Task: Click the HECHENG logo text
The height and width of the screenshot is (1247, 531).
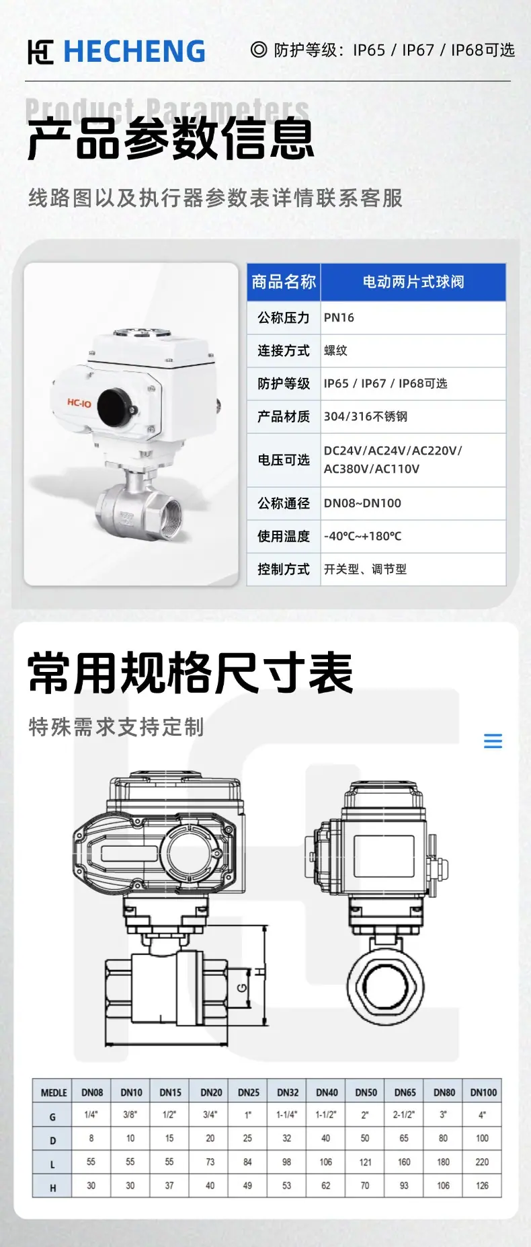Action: pos(134,52)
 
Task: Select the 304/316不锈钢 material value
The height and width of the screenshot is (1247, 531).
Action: pos(366,416)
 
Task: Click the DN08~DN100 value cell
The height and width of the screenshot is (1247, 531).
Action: pos(362,503)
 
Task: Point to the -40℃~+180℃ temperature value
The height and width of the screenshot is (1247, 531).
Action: pos(362,536)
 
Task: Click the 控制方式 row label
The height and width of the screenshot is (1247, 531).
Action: pos(284,569)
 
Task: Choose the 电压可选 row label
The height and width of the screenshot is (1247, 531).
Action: pos(284,460)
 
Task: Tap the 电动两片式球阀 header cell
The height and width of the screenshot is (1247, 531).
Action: pos(413,282)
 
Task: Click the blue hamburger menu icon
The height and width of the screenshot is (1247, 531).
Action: pos(493,741)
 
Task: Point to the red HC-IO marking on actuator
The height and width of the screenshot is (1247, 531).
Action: pos(79,403)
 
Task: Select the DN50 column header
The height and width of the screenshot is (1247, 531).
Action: pos(366,1092)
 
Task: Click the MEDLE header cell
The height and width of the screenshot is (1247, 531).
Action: pos(54,1092)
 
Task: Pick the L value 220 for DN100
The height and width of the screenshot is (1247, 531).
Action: pos(483,1162)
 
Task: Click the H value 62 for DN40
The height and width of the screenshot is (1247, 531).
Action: pos(326,1185)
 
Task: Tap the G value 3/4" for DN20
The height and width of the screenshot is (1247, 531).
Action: pos(210,1114)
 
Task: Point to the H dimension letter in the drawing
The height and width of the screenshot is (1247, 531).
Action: pos(260,972)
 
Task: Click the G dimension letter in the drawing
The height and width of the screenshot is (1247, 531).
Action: pos(242,988)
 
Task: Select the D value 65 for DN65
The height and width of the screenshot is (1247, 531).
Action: pos(404,1138)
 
